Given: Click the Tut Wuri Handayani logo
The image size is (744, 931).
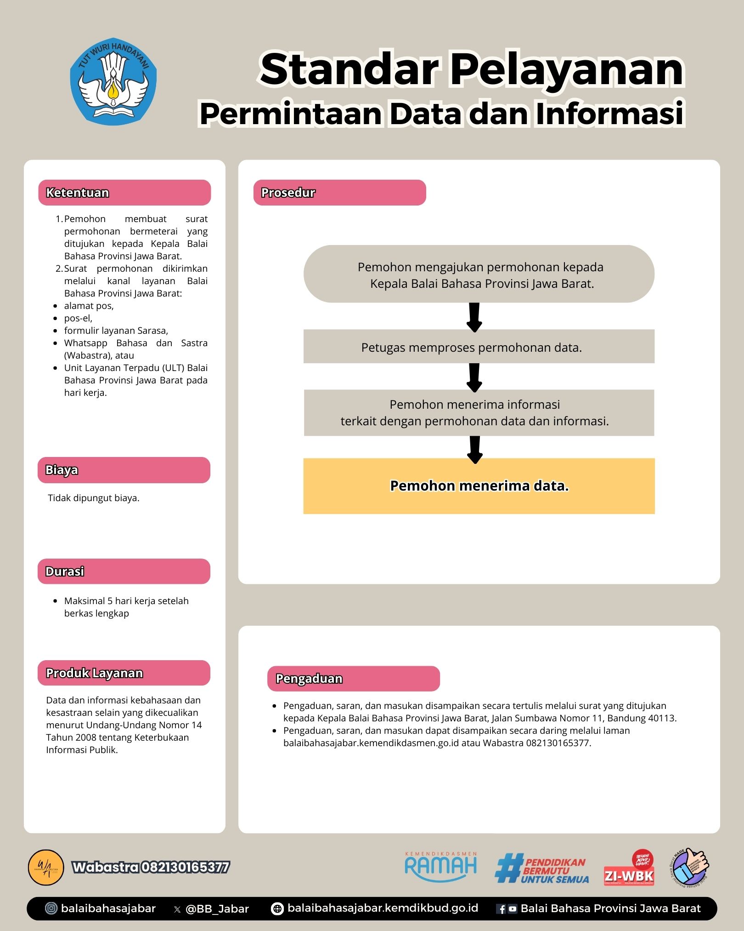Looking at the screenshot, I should (113, 81).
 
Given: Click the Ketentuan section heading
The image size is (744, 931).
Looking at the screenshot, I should (124, 193).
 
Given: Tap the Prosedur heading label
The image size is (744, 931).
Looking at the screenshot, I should (339, 193).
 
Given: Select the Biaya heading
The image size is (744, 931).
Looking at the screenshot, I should (124, 470).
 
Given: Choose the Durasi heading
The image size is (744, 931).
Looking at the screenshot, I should (124, 571).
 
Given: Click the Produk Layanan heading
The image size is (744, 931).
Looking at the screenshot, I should (124, 673).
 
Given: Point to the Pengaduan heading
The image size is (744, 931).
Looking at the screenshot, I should (353, 679).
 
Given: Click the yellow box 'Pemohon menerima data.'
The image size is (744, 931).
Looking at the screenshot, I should (479, 486).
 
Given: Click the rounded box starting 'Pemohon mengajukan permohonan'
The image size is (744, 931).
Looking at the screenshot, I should (479, 274).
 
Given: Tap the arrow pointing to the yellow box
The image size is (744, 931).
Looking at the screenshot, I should (475, 449).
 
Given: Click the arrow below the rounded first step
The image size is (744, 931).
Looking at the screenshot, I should (474, 317).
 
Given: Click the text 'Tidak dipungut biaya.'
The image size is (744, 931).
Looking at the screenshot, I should (94, 498).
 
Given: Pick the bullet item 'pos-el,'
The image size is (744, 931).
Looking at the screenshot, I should (79, 318).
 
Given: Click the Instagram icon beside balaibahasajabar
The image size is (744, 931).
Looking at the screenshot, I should (51, 908).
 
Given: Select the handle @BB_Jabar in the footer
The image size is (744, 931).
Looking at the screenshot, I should (217, 909).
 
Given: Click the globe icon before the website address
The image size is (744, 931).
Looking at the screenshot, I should (277, 909).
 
